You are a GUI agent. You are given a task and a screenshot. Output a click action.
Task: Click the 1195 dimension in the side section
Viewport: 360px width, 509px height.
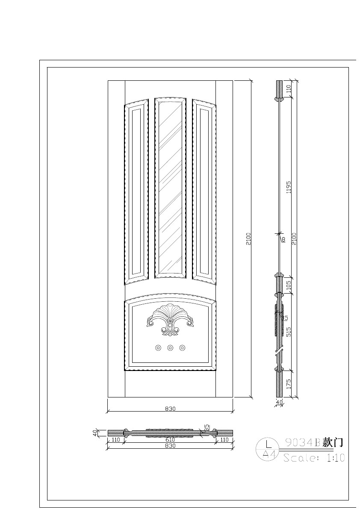click(289, 187)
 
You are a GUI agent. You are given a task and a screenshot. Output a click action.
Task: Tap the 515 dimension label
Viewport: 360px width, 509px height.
click(289, 332)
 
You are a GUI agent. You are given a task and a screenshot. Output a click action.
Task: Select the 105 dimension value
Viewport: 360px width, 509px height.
click(289, 285)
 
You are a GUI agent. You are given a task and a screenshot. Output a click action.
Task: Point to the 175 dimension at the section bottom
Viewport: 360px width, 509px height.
click(289, 383)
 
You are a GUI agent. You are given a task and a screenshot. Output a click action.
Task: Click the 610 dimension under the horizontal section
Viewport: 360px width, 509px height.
click(170, 440)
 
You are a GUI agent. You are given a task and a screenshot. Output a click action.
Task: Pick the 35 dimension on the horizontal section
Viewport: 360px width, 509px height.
click(207, 428)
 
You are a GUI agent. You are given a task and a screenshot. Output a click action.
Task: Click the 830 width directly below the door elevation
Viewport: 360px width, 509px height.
click(170, 409)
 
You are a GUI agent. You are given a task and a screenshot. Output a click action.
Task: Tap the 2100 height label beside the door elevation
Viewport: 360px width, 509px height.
click(248, 238)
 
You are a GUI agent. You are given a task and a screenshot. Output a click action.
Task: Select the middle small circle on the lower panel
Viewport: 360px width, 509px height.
click(170, 348)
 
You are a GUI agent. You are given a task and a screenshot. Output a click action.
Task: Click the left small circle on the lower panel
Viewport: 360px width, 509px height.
click(158, 348)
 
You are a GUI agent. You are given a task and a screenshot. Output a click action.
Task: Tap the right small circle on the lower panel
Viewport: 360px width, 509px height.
click(183, 348)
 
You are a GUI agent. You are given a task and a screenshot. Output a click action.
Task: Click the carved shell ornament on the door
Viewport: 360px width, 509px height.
click(170, 319)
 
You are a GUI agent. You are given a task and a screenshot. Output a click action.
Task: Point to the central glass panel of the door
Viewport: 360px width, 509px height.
click(170, 187)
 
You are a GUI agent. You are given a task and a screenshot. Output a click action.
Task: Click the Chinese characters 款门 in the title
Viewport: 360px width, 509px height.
click(333, 442)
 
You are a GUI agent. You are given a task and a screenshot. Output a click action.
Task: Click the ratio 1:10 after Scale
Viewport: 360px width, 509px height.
click(336, 458)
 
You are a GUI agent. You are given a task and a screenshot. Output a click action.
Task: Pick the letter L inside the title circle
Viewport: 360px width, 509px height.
click(269, 444)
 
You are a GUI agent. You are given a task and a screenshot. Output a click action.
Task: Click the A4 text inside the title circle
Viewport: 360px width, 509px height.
click(269, 454)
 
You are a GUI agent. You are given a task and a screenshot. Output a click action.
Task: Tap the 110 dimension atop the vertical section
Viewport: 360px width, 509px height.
click(289, 89)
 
